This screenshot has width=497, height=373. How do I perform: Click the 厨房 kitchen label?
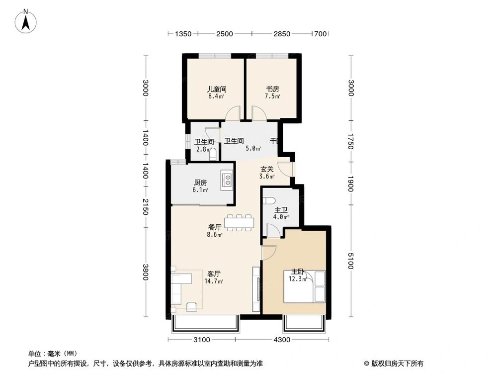click(201, 182)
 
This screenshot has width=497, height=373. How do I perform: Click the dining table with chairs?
click(240, 222)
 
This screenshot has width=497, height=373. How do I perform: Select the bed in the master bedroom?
click(304, 286)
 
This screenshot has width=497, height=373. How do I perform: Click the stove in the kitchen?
click(228, 180)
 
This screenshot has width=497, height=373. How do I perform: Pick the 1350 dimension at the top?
click(183, 34)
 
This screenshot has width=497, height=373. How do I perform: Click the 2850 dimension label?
click(281, 34)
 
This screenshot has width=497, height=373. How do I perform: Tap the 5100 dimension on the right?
click(351, 261)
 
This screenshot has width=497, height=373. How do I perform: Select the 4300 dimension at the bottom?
click(281, 340)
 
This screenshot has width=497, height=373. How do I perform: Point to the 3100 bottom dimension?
click(202, 340)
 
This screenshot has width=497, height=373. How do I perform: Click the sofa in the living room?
click(180, 288)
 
